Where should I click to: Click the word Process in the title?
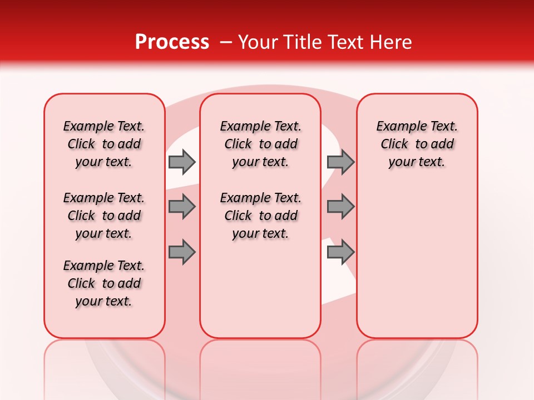(x=172, y=42)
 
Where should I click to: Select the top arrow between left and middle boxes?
(x=181, y=162)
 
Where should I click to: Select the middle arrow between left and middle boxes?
(x=181, y=207)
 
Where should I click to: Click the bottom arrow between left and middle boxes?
(x=181, y=252)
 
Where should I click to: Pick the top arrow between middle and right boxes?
(x=340, y=162)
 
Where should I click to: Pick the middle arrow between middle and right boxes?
(x=340, y=207)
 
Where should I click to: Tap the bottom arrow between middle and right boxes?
(x=340, y=252)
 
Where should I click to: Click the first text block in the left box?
(x=104, y=144)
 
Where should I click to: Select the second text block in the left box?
(x=104, y=216)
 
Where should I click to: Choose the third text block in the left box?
(x=104, y=283)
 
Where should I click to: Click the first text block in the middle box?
(x=261, y=144)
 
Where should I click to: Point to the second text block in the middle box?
(x=261, y=216)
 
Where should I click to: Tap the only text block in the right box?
(x=417, y=144)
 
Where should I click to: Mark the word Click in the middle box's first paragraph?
(x=238, y=144)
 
